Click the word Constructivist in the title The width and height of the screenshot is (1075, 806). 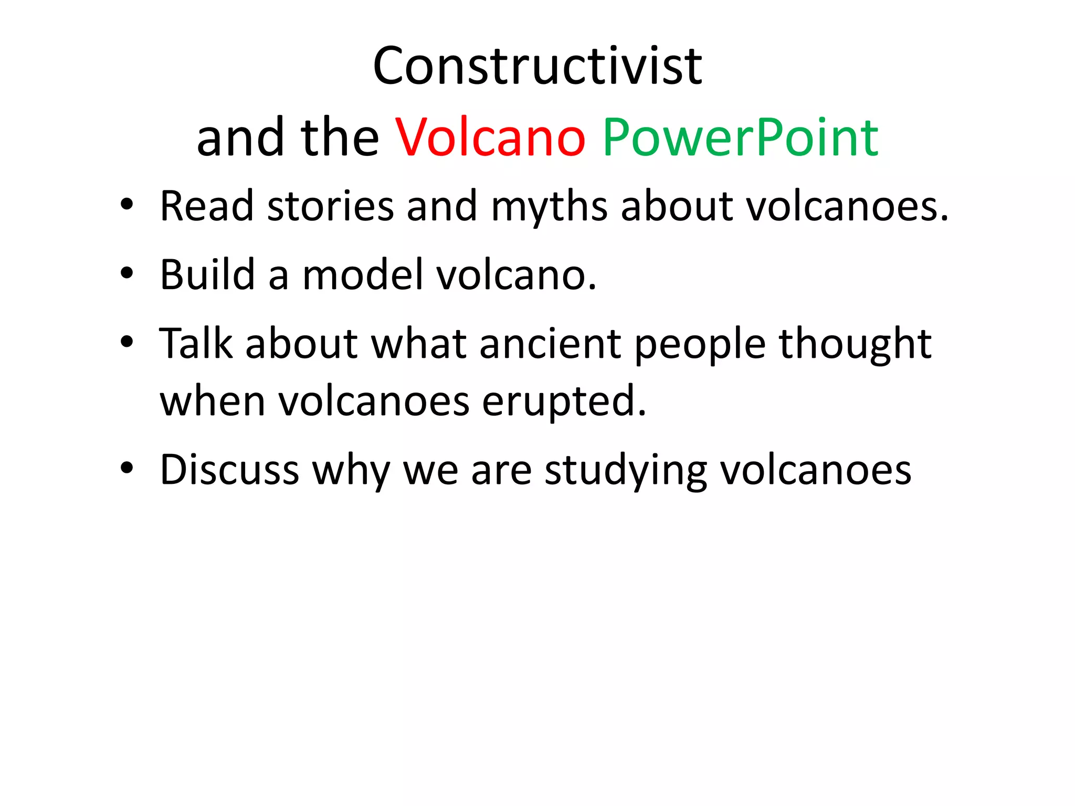click(x=537, y=67)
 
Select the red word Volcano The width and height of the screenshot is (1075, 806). click(x=490, y=138)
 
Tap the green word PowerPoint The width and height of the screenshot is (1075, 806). click(x=740, y=138)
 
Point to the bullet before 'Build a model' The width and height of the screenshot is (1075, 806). click(x=127, y=273)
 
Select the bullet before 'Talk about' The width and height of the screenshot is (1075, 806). click(x=127, y=342)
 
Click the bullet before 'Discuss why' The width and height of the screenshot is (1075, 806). click(x=127, y=468)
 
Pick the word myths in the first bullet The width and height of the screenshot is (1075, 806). click(x=549, y=207)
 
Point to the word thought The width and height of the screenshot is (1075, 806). click(x=855, y=345)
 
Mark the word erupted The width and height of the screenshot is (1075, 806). click(x=564, y=402)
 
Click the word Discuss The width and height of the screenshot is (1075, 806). click(x=229, y=469)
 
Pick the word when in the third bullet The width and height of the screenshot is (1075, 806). click(x=213, y=401)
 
